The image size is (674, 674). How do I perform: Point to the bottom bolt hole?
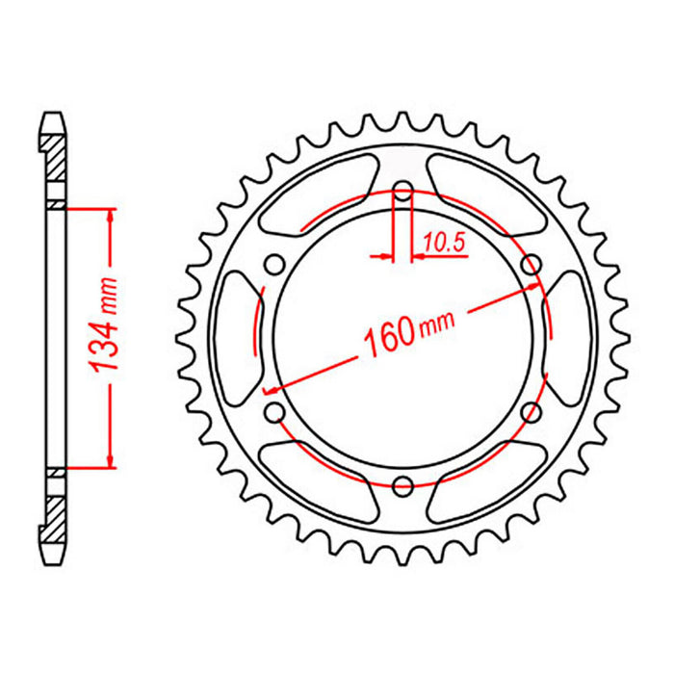403,484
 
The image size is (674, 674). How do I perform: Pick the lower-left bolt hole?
275,411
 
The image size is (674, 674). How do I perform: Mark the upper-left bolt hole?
275,263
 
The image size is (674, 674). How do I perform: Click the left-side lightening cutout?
237,337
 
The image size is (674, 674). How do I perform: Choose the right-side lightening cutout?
570,337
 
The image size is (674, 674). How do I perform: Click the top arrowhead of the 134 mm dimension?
112,215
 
